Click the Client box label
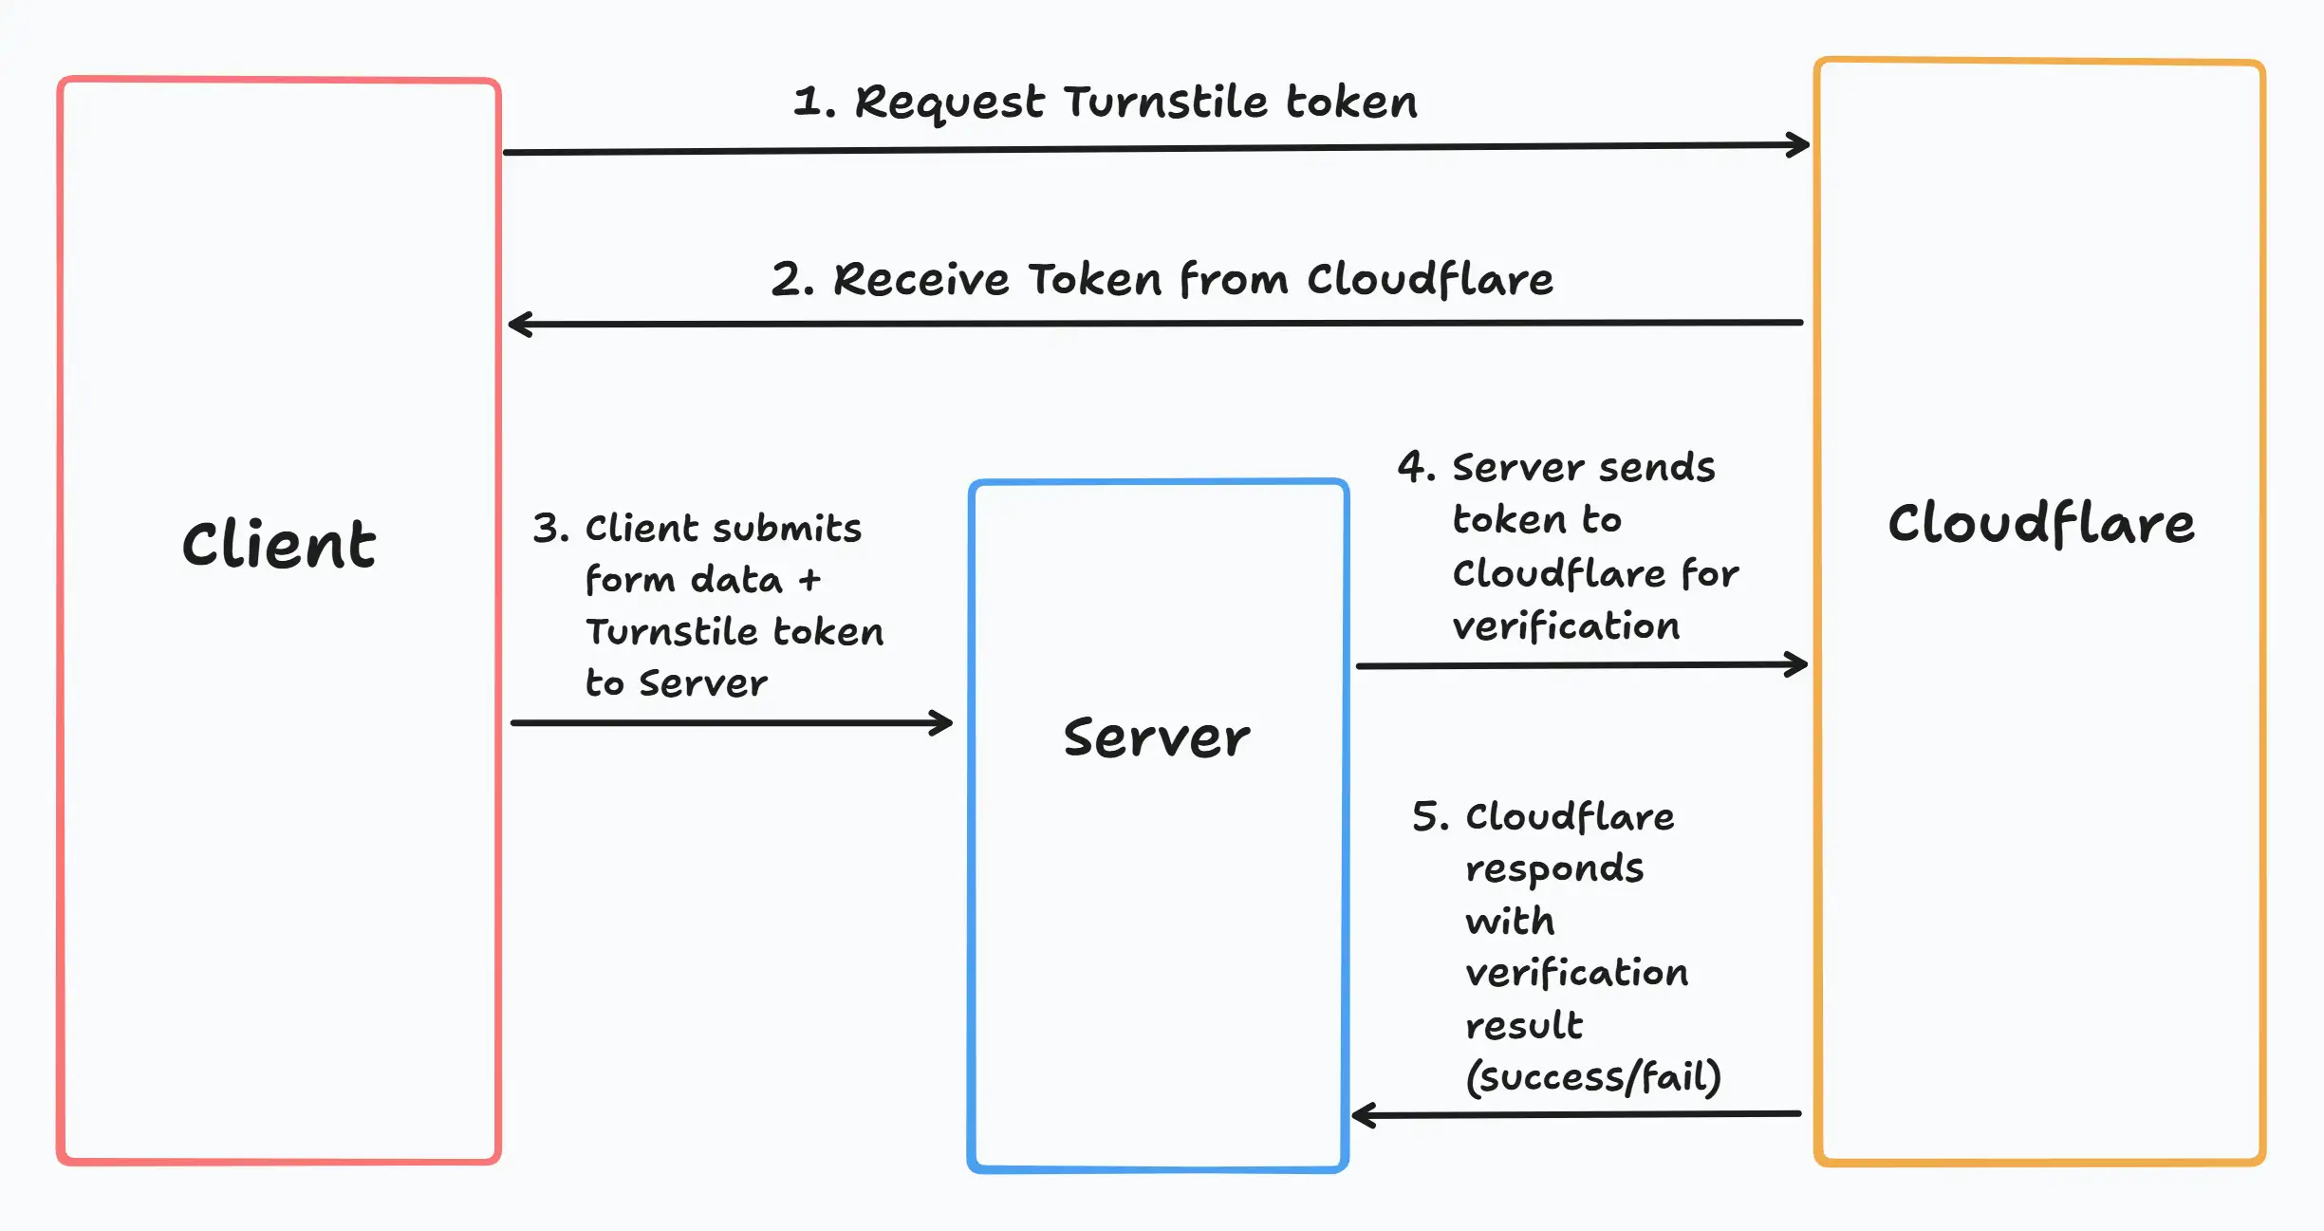(279, 545)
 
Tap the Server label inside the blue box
(1157, 737)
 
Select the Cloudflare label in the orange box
(2040, 523)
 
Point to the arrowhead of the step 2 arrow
(519, 325)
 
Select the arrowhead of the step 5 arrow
(1362, 1115)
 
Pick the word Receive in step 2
(920, 280)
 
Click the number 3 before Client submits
(548, 529)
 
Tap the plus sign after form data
(809, 580)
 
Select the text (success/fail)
(1593, 1077)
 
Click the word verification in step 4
(1566, 626)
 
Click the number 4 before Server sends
(1412, 467)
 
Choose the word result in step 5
(1524, 1026)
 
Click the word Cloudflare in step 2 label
(1430, 280)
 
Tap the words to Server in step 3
(676, 683)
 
